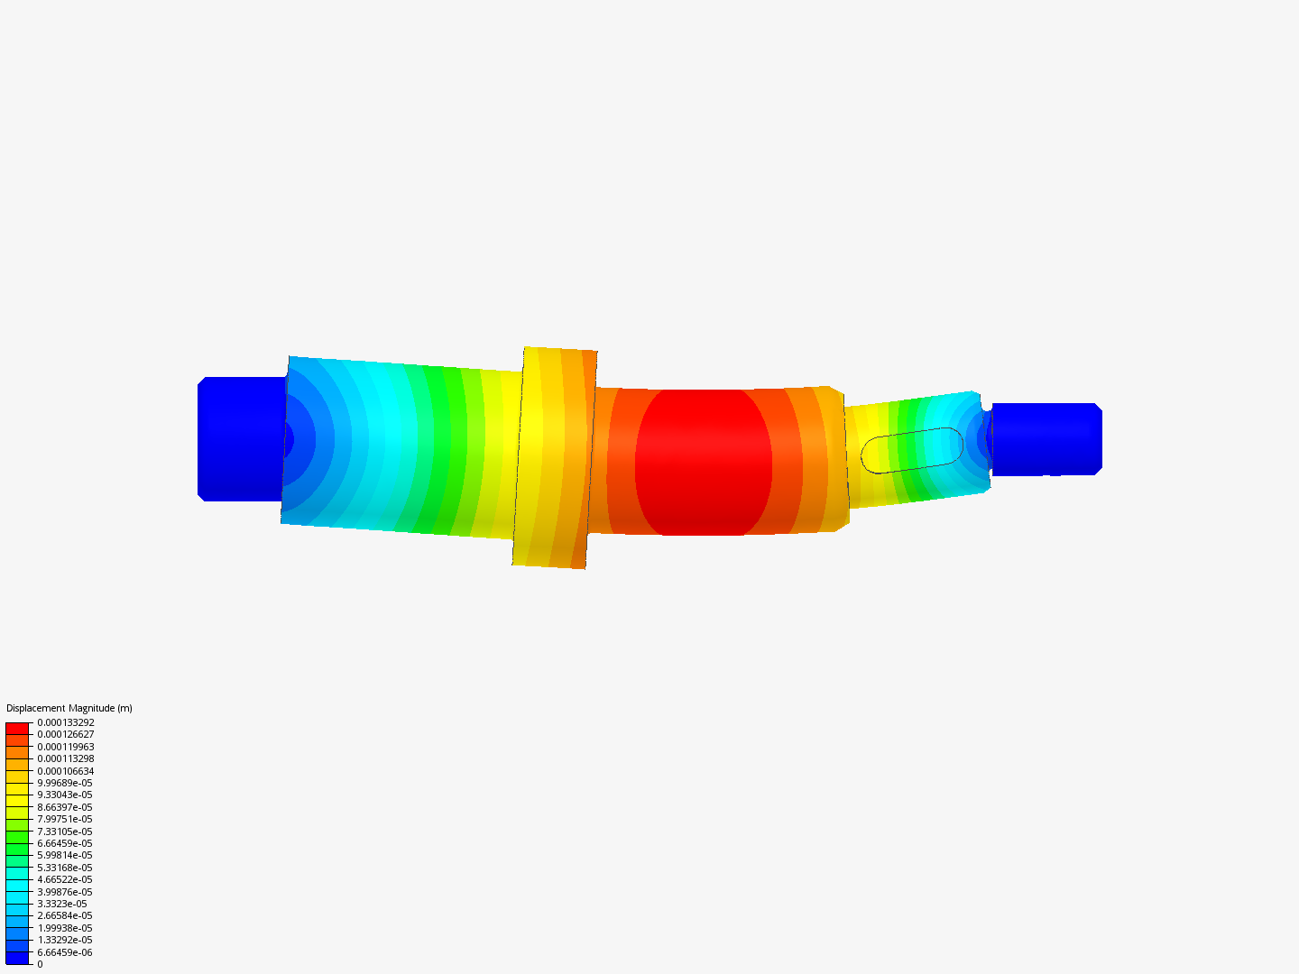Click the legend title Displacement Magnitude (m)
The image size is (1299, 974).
(x=69, y=708)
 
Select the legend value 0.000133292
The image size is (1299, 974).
(x=65, y=722)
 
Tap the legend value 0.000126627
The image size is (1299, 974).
(x=65, y=734)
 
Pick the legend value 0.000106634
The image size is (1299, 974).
(x=65, y=771)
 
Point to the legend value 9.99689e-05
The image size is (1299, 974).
(x=64, y=783)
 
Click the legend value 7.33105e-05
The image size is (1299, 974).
(x=64, y=832)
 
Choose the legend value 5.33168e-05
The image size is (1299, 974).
(x=64, y=868)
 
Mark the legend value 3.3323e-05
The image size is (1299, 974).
(x=61, y=904)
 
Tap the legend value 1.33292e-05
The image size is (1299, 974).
(x=64, y=940)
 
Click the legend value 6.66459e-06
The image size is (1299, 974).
(x=64, y=952)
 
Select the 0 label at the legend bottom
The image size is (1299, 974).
(x=40, y=964)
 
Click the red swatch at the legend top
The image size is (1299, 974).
(x=17, y=728)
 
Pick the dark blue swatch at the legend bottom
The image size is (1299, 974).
(x=17, y=958)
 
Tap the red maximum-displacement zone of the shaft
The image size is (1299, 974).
(x=704, y=462)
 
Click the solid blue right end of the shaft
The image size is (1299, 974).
(x=1046, y=439)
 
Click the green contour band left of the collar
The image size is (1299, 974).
(x=442, y=451)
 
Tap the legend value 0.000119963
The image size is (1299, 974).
(x=65, y=747)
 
